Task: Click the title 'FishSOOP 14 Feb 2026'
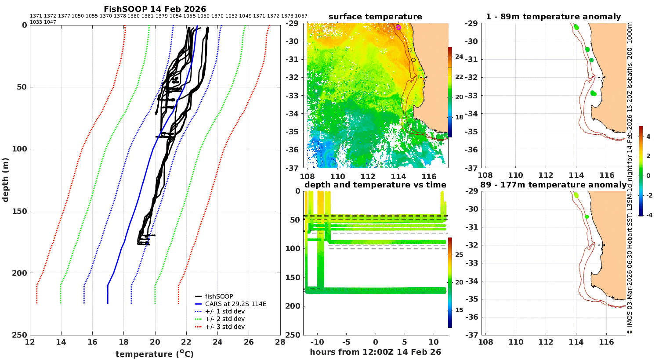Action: point(155,9)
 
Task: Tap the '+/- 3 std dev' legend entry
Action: point(220,327)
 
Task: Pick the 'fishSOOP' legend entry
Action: point(214,296)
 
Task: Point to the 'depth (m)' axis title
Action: point(5,180)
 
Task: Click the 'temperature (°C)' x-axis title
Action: point(155,354)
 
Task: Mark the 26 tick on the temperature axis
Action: point(249,342)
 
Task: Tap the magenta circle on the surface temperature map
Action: point(398,28)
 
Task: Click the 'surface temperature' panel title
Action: point(375,17)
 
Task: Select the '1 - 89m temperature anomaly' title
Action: point(554,17)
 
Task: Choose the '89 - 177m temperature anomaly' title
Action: point(554,185)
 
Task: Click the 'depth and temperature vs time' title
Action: point(375,185)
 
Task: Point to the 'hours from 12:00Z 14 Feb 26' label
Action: point(375,352)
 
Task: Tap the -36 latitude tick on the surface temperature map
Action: point(292,150)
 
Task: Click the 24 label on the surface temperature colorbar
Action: point(459,57)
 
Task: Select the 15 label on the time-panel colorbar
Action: point(459,310)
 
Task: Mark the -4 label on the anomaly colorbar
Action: point(648,215)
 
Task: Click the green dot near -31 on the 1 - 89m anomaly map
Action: point(591,60)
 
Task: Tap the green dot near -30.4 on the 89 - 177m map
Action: point(587,216)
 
